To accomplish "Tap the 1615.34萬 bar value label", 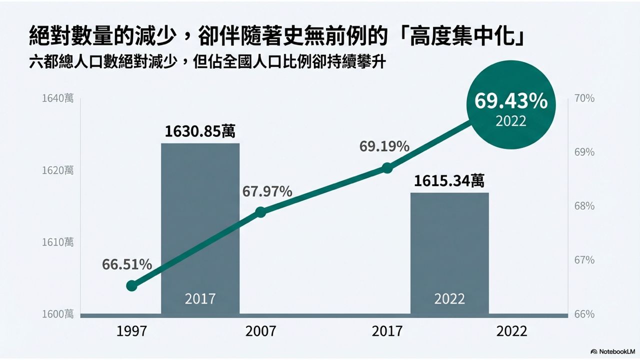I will (x=448, y=180).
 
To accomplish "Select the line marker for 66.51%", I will (x=131, y=286).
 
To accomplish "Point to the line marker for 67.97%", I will (x=260, y=212).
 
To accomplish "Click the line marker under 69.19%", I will (x=387, y=168).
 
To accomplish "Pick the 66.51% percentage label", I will (x=127, y=265).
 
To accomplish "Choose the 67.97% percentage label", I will (x=267, y=191).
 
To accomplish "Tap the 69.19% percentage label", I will (x=384, y=147).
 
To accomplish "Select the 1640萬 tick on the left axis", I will (x=57, y=98).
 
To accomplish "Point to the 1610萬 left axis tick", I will (x=57, y=242).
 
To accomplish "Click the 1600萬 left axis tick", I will (x=57, y=314).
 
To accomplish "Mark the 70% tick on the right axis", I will (x=584, y=98).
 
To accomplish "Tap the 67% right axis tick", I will (x=584, y=260).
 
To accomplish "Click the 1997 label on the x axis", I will (x=132, y=331).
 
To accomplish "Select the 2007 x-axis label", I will (x=260, y=331).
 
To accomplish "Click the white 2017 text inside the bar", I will (x=200, y=298).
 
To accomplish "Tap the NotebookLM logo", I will (x=613, y=351).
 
